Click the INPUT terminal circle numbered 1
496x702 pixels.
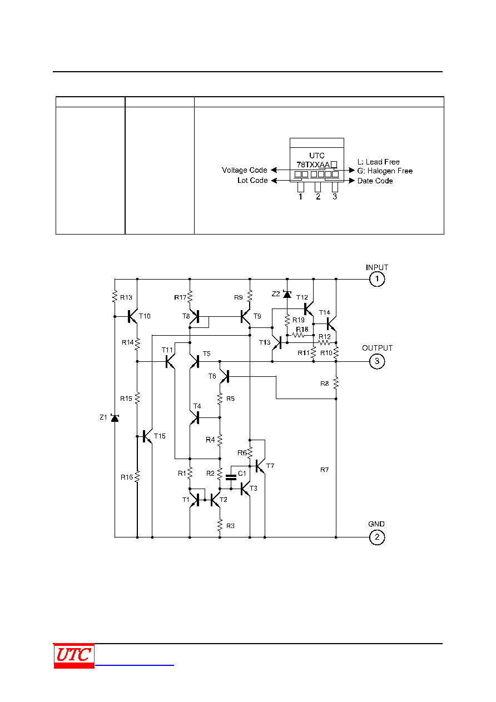[376, 279]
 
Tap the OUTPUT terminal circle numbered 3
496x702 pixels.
[376, 361]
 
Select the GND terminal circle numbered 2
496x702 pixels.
[376, 537]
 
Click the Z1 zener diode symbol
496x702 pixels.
[115, 418]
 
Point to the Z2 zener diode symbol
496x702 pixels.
[287, 294]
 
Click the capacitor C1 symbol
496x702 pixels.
[231, 477]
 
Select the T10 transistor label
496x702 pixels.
[145, 316]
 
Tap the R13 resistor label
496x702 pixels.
[126, 297]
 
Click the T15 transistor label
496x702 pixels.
[160, 436]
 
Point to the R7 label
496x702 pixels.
[325, 470]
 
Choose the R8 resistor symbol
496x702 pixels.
[336, 384]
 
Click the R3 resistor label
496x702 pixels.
[230, 526]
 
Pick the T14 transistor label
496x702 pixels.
[325, 312]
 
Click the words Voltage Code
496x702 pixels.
[244, 170]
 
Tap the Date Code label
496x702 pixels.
[375, 181]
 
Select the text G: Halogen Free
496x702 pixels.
[385, 171]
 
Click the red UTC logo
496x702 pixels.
[74, 656]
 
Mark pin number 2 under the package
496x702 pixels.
[318, 197]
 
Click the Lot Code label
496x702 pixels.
[252, 180]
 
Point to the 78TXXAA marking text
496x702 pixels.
[313, 164]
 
